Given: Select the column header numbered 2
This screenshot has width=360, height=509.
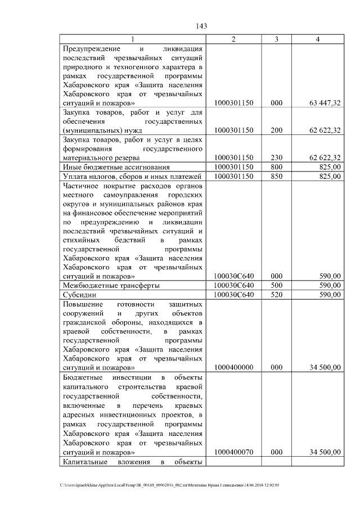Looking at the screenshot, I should point(234,39).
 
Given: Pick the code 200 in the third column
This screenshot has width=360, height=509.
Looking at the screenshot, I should point(276,130).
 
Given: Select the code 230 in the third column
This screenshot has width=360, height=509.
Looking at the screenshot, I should point(276,157).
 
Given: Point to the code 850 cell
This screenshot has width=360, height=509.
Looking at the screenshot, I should point(276,176).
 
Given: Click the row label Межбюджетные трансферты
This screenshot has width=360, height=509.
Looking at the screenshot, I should point(111,285).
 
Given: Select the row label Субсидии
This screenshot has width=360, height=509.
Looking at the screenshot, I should point(79,294).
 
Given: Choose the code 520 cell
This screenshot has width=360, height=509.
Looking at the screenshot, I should point(276,294).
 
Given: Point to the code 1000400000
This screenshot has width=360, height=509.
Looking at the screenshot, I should point(234,367).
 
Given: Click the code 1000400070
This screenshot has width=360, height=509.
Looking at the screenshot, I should point(234,452).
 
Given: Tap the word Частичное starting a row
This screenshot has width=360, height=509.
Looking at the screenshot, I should point(82,186).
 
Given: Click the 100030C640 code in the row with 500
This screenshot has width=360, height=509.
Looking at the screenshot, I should point(234,285).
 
